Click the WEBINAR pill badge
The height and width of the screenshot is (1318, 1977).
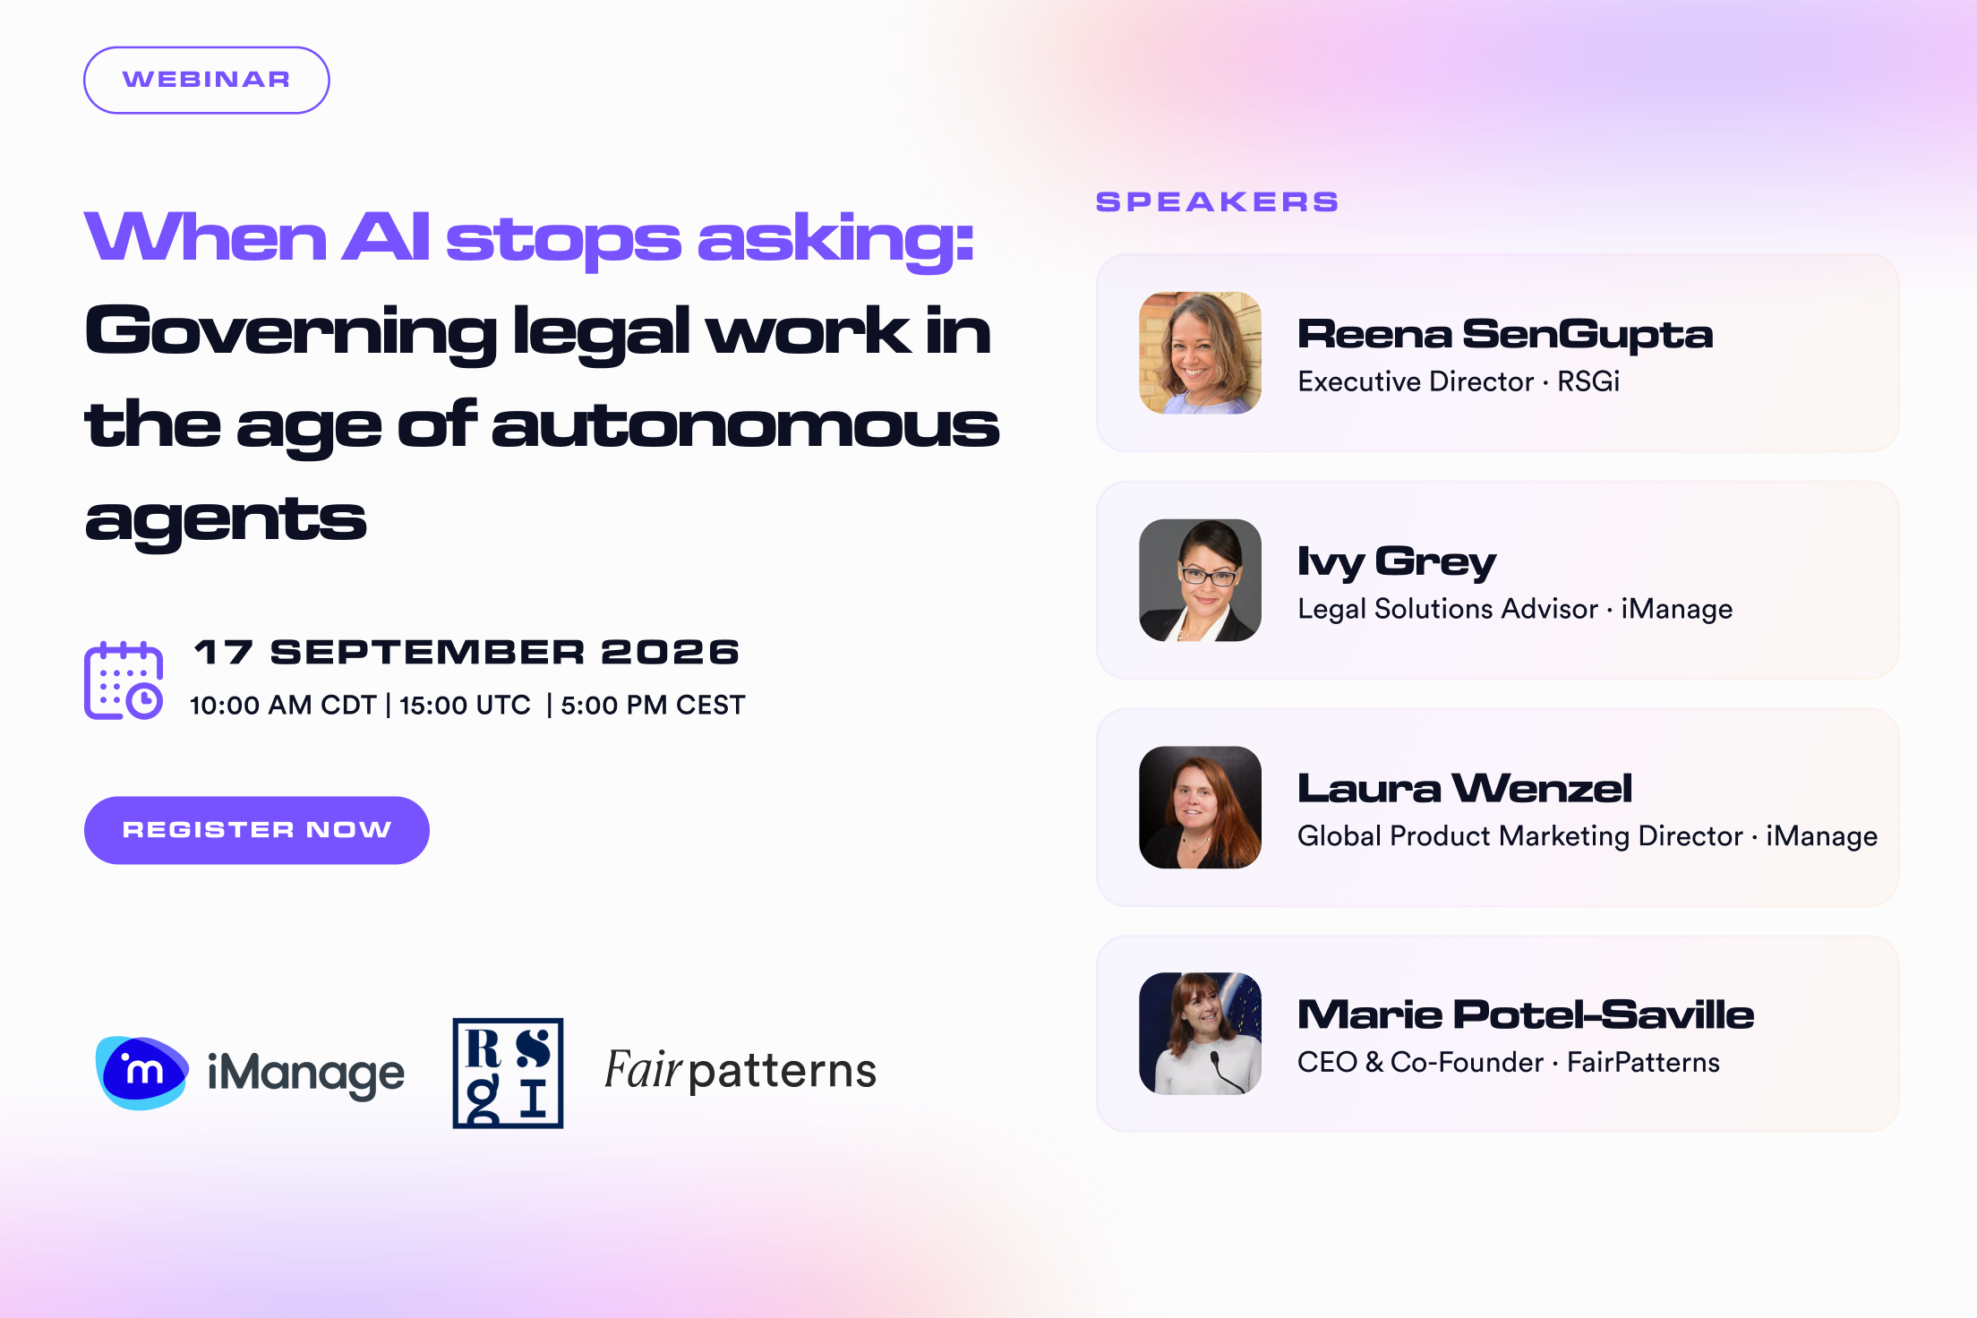coord(207,81)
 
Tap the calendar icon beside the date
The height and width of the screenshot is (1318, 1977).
coord(124,680)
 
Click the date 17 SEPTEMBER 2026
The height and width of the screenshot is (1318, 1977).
coord(467,652)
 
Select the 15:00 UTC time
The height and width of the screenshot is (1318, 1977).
coord(465,705)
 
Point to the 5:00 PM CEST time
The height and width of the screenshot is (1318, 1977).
coord(653,705)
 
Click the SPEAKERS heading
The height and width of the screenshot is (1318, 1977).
coord(1218,201)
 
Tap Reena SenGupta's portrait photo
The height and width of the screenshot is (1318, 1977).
coord(1200,353)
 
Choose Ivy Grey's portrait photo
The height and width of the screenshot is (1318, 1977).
coord(1200,580)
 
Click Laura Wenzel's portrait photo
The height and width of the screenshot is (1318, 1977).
coord(1200,808)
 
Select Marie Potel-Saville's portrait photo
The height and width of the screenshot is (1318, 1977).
coord(1200,1033)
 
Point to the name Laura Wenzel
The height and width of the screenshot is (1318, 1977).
coord(1465,788)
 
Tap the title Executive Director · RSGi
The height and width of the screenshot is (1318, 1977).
coord(1459,381)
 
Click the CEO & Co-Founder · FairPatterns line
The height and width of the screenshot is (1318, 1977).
coord(1509,1062)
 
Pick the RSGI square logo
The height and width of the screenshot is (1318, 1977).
coord(508,1073)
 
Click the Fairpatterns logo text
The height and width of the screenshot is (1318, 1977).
coord(740,1070)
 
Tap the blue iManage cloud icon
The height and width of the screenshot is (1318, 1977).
coord(141,1073)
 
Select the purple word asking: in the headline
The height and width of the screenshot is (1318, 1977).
coord(835,240)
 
